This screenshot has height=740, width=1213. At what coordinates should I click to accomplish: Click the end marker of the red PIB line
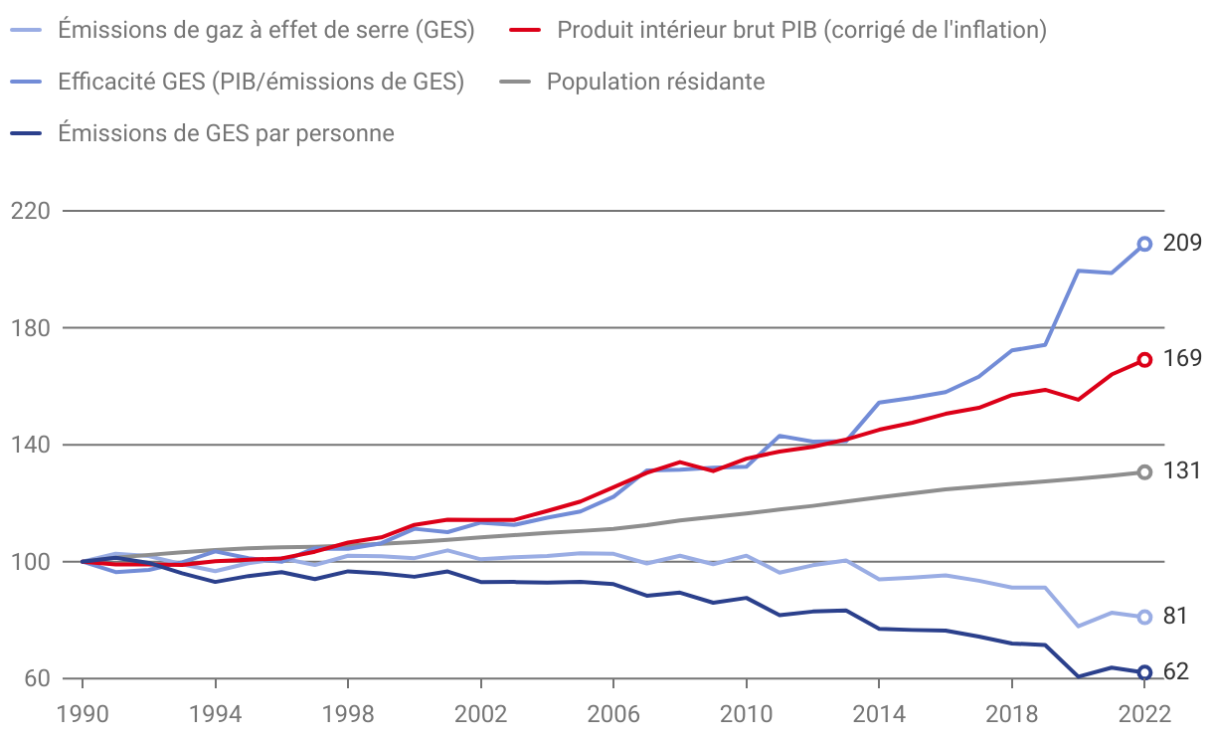[x=1144, y=360]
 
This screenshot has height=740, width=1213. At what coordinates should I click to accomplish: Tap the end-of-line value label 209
[x=1182, y=243]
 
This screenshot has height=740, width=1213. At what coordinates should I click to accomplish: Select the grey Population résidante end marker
[x=1144, y=472]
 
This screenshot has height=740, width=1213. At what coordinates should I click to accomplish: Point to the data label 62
[x=1176, y=672]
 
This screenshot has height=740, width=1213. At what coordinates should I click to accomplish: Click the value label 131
[x=1182, y=471]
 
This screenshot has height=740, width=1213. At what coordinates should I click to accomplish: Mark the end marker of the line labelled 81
[x=1144, y=617]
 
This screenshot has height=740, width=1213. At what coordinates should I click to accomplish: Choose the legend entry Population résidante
[x=655, y=82]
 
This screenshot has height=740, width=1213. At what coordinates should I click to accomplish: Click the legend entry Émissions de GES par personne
[x=226, y=132]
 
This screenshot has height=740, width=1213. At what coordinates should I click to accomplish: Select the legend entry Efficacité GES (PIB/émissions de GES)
[x=260, y=82]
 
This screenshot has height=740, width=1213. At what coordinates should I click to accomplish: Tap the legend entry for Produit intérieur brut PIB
[x=801, y=30]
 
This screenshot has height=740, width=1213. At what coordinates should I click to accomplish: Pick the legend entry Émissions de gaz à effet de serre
[x=265, y=30]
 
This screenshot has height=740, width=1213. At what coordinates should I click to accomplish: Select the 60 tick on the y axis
[x=36, y=678]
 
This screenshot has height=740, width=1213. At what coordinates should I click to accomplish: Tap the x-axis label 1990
[x=82, y=713]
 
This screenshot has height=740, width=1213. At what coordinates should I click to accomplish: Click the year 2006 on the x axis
[x=613, y=713]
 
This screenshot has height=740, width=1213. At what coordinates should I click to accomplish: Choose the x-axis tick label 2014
[x=879, y=713]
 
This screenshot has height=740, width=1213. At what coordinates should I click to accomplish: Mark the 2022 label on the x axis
[x=1144, y=713]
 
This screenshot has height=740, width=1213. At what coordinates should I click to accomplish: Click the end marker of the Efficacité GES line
[x=1144, y=244]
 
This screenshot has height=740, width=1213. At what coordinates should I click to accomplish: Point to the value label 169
[x=1182, y=358]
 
